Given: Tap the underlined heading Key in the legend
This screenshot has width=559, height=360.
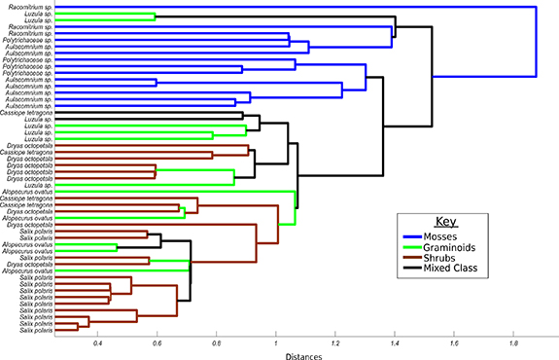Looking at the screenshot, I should pyautogui.click(x=445, y=221).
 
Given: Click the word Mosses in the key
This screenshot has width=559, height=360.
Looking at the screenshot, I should pyautogui.click(x=454, y=235).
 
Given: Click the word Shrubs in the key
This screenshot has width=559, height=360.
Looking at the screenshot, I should pyautogui.click(x=454, y=257).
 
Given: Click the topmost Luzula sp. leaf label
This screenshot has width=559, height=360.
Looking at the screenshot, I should pyautogui.click(x=38, y=14).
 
